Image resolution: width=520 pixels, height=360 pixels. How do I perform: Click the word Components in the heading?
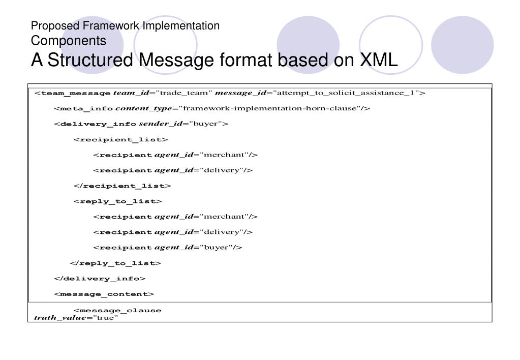(69, 40)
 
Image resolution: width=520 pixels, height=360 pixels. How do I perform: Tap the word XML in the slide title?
(379, 60)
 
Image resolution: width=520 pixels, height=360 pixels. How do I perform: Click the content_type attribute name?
(144, 108)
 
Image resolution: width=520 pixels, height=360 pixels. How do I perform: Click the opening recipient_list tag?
(120, 139)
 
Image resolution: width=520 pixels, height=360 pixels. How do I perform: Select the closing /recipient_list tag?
(122, 186)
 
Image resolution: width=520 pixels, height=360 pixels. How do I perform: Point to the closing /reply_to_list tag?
(115, 263)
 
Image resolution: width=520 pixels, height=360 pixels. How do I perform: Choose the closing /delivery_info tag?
(100, 278)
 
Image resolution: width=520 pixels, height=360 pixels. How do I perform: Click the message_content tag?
(104, 294)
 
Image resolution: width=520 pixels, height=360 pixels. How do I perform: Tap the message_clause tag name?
(120, 310)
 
